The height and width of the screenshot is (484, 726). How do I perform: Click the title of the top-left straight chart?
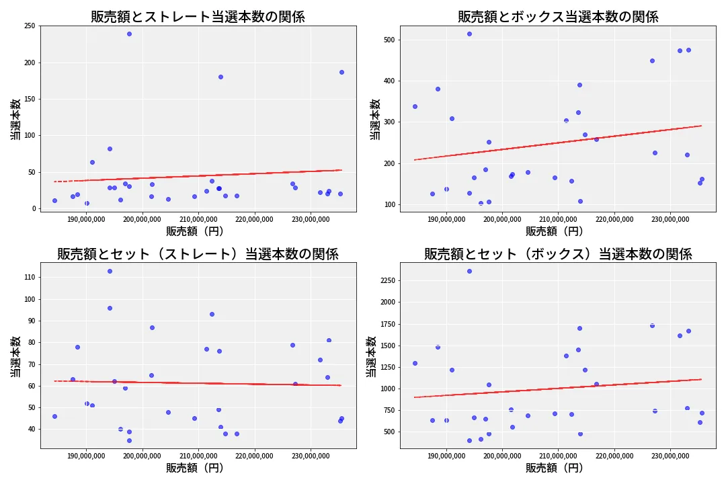tap(198, 17)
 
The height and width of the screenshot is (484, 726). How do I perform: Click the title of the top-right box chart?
tap(558, 17)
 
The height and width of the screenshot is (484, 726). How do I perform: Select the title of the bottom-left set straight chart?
tap(198, 254)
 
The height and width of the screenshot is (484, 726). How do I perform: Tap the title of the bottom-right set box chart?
tap(558, 254)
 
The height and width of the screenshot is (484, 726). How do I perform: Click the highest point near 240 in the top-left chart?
tap(129, 34)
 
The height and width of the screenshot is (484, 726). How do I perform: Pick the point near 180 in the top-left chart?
tap(220, 77)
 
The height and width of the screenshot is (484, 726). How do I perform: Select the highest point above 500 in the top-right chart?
tap(469, 34)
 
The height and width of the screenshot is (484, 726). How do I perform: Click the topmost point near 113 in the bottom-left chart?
tap(110, 271)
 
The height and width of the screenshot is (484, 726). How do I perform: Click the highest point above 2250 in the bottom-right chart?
tap(469, 271)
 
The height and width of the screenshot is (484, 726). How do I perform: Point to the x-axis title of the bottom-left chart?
tap(195, 469)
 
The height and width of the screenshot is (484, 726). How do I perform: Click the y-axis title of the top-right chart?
tap(375, 119)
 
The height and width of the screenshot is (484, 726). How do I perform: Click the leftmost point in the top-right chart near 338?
tap(415, 106)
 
